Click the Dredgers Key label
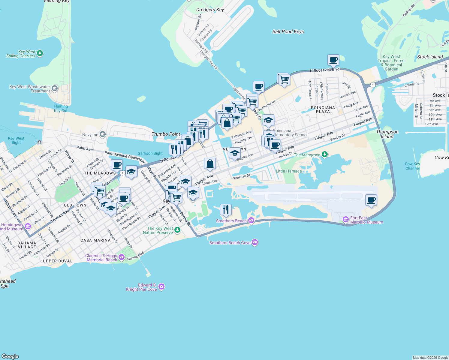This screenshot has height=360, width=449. (x=210, y=10)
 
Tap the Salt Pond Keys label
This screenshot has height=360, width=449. (x=288, y=31)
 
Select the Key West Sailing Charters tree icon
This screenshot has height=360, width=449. (x=40, y=53)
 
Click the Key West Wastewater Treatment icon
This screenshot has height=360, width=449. (x=54, y=88)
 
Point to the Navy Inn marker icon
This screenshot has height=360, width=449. (x=103, y=134)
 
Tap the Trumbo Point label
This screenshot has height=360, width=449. (x=166, y=134)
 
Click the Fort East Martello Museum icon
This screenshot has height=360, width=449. (x=346, y=219)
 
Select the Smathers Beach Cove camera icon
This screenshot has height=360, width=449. (x=255, y=242)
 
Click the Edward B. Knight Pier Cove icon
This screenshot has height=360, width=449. (x=161, y=287)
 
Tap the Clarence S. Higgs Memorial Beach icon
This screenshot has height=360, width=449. (x=122, y=257)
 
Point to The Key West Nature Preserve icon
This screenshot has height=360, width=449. (x=177, y=230)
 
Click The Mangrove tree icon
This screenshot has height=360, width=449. (x=324, y=154)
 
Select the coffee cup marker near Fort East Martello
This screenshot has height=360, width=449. (x=371, y=200)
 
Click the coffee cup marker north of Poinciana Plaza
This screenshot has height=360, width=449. (x=333, y=60)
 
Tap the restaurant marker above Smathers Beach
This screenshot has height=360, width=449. (x=226, y=209)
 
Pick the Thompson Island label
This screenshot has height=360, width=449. (x=387, y=134)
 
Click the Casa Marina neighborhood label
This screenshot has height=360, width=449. (x=95, y=240)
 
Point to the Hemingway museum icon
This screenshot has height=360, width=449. (x=28, y=226)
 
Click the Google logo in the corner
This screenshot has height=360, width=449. (x=10, y=356)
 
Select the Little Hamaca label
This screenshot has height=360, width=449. (x=288, y=171)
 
